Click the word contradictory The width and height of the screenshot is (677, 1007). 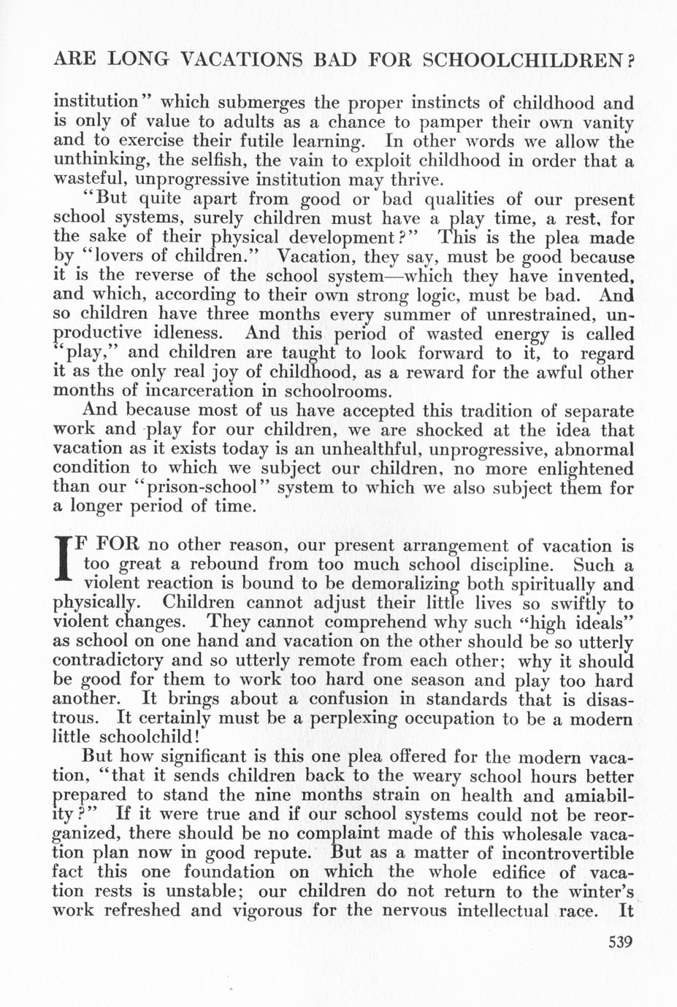[111, 661]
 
